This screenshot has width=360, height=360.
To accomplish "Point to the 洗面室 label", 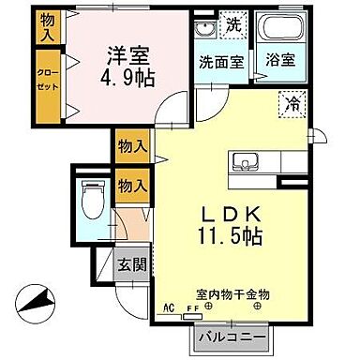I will pos(221,58).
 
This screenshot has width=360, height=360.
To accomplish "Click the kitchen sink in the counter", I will pos(247,159).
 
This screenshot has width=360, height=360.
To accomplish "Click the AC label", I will pos(169,306).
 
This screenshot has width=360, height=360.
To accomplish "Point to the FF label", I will pos(192,307).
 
